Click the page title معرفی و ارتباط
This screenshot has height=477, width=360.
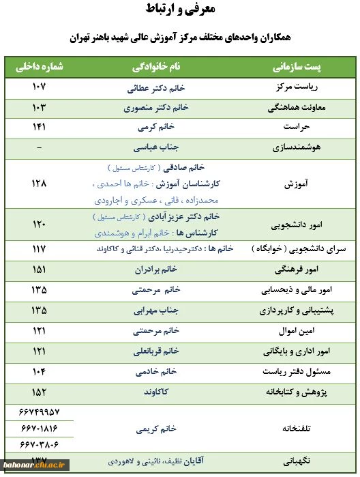(180, 10)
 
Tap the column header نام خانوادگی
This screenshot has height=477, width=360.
(157, 68)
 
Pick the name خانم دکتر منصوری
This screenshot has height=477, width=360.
(156, 108)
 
